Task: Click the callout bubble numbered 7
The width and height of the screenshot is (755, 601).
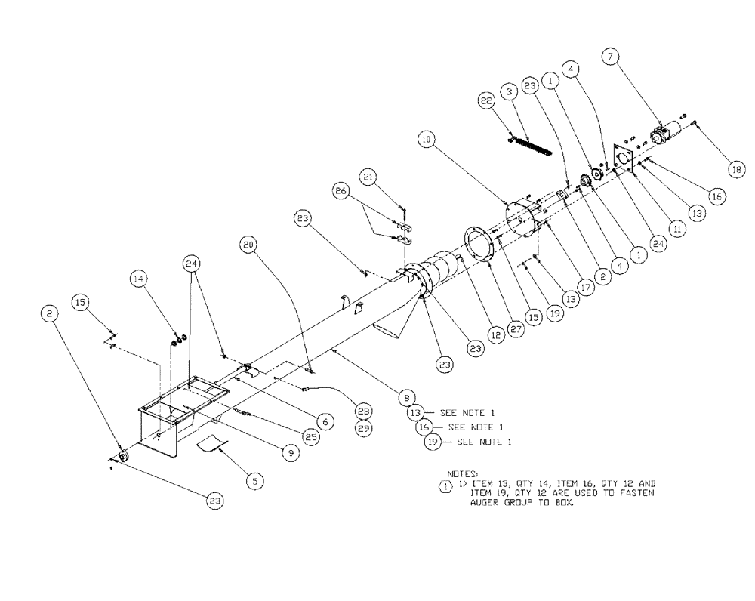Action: (x=610, y=56)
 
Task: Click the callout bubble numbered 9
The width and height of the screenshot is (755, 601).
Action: (x=289, y=452)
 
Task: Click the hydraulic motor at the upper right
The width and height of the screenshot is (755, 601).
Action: (x=666, y=138)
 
